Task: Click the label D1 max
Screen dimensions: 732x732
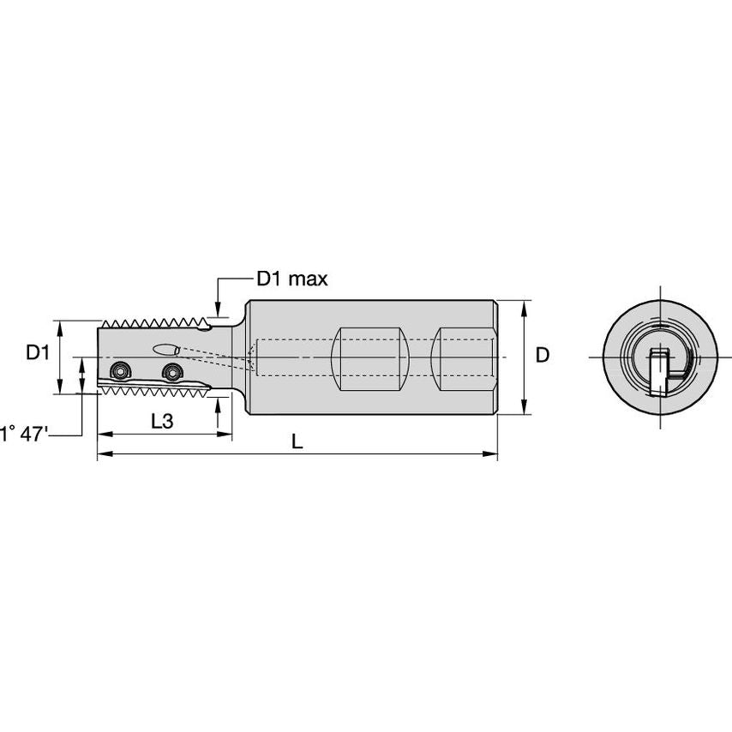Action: pos(291,279)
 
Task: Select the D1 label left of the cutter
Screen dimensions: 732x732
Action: pos(38,352)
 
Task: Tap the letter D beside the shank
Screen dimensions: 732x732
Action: pos(542,355)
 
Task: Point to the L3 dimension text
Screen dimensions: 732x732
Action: pos(163,421)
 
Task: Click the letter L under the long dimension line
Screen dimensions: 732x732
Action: pos(296,441)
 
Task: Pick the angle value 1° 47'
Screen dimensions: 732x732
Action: pos(24,434)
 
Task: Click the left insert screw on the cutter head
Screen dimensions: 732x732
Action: pos(117,370)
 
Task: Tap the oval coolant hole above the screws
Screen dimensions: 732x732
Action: pos(165,349)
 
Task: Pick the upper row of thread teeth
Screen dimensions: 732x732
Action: pos(154,324)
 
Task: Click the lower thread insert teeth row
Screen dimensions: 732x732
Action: pos(154,389)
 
